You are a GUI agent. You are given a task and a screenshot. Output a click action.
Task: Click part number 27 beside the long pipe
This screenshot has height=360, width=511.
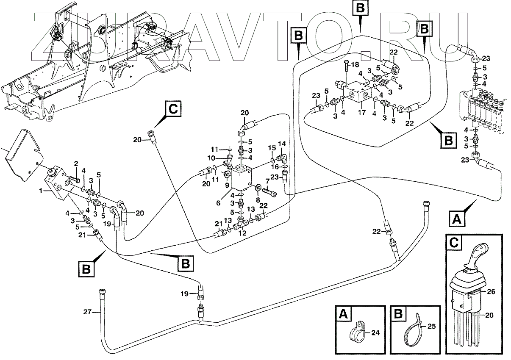(87, 312)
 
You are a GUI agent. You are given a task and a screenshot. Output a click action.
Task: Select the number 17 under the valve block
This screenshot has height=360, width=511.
(361, 114)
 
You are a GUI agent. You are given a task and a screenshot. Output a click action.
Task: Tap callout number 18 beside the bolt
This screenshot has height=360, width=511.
(355, 64)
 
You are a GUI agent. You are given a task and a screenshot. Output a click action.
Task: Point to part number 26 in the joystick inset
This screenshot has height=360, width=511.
(491, 291)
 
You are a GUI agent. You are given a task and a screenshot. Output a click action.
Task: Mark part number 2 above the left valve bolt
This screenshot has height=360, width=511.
(76, 163)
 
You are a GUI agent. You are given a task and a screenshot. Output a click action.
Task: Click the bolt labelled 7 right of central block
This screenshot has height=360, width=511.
(272, 194)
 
